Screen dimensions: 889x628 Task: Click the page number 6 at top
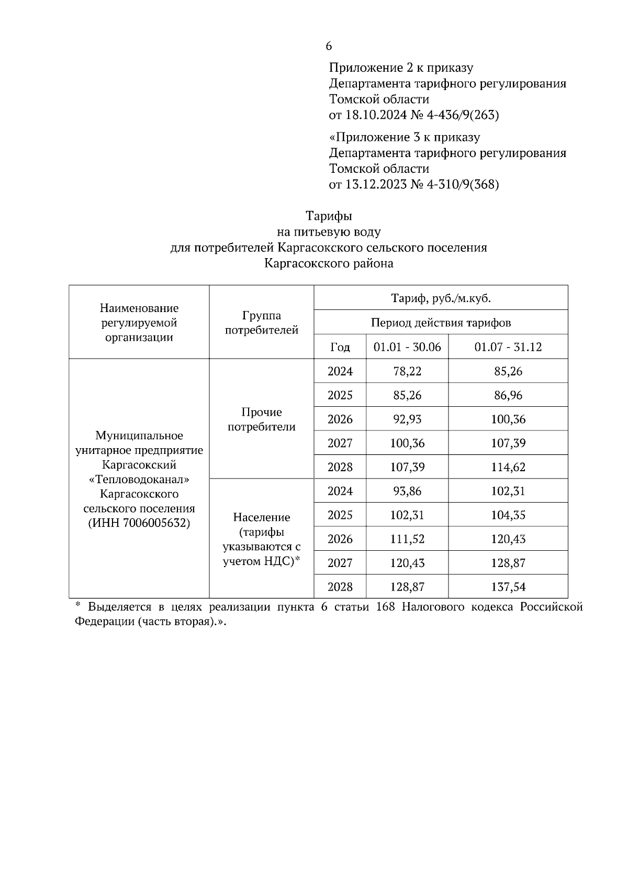(329, 47)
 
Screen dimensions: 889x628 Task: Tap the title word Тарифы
(329, 216)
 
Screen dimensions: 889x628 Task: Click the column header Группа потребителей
(261, 323)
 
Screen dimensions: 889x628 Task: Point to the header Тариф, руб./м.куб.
(441, 298)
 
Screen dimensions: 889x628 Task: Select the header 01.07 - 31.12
(508, 347)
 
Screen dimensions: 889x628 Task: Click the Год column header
(340, 347)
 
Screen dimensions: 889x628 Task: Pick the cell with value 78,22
(407, 371)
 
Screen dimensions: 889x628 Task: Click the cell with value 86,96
(508, 395)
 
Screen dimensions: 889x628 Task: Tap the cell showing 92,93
(407, 419)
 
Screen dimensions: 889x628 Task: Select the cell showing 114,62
(508, 467)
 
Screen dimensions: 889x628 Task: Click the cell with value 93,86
(407, 491)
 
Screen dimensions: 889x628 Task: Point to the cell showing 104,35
(508, 515)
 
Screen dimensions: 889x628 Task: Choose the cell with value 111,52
(407, 539)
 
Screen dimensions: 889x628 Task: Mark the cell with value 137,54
(508, 587)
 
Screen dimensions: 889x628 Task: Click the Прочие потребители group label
(261, 419)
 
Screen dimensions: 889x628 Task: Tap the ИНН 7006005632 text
(139, 523)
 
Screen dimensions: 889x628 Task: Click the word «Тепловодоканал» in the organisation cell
(139, 480)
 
